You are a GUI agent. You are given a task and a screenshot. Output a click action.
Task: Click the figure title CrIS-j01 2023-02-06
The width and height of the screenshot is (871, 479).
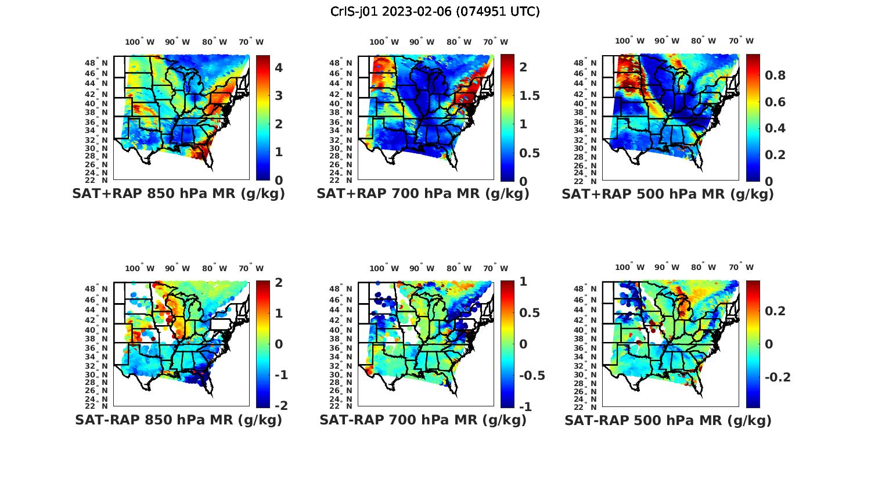435,12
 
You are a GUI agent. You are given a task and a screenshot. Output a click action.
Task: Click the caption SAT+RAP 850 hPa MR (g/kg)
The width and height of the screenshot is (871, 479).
178,194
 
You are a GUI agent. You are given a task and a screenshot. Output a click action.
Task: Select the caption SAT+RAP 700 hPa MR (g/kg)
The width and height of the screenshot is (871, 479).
423,194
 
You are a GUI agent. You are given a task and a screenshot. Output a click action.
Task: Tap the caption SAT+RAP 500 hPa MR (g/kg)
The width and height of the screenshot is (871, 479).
668,194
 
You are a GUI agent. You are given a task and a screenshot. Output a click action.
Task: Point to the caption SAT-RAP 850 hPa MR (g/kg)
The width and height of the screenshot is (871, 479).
178,420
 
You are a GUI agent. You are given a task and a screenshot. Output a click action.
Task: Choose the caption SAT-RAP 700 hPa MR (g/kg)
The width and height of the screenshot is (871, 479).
423,420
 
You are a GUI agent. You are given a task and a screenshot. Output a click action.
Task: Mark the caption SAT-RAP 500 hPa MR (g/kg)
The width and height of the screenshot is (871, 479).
668,420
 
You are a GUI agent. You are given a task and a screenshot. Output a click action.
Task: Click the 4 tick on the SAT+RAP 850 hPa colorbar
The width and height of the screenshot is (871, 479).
279,68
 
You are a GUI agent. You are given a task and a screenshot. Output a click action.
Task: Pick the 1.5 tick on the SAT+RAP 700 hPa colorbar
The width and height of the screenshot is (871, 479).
528,96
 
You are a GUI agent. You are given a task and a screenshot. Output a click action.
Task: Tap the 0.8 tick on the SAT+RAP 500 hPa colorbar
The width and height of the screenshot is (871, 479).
775,75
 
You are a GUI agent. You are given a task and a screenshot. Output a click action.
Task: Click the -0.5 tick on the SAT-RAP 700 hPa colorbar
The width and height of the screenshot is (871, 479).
531,375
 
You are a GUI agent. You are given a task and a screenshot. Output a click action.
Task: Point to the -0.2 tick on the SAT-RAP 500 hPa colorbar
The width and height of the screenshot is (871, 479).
778,377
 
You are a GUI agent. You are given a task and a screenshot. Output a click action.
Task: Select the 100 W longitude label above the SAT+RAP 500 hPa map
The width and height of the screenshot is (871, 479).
629,41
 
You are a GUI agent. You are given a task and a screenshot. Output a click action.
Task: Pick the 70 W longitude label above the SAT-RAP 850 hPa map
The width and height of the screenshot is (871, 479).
251,268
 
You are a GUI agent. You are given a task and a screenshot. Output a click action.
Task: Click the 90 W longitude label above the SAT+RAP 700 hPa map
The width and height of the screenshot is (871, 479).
422,42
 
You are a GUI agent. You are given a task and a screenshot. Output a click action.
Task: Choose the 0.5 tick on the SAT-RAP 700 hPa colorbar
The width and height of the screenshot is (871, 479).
528,313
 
